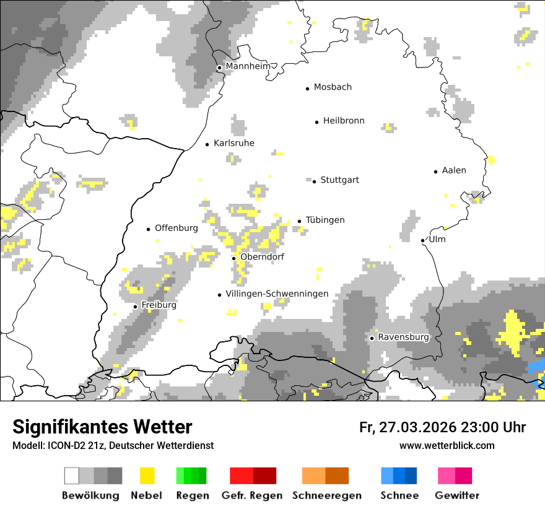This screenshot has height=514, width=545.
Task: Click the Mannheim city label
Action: [248, 66]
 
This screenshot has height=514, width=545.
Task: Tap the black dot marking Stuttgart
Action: [315, 181]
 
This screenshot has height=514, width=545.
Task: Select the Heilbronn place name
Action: [344, 121]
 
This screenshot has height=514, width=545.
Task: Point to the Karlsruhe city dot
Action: [207, 144]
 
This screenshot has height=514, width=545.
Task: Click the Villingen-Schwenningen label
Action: [277, 294]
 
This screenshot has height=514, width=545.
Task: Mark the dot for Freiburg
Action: [136, 307]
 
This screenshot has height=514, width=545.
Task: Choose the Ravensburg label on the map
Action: [403, 338]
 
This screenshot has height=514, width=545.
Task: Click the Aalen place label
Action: [454, 170]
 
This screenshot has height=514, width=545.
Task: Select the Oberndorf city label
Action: [262, 257]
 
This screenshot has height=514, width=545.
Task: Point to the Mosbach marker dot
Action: [308, 89]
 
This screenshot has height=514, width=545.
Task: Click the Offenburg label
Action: [177, 228]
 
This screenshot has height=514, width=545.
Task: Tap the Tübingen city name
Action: [325, 220]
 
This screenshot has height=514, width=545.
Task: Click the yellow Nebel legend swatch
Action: [147, 476]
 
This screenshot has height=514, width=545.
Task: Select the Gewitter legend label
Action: [457, 495]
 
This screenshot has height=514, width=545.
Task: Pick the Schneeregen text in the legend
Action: [327, 495]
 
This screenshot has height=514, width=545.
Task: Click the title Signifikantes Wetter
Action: [102, 427]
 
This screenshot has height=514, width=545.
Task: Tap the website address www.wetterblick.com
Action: [447, 445]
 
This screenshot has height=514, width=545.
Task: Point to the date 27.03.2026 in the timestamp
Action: [416, 427]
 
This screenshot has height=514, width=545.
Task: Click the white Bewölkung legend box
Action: [72, 476]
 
